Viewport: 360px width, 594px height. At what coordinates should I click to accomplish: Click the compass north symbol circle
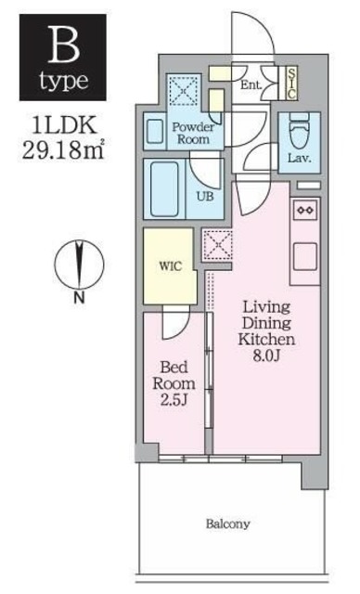[79, 262]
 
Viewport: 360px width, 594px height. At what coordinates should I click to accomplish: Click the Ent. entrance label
[251, 86]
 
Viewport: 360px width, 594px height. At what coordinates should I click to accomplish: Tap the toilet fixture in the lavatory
[300, 133]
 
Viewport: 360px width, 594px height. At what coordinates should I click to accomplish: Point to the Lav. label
[299, 158]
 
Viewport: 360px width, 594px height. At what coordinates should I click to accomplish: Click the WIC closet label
[169, 265]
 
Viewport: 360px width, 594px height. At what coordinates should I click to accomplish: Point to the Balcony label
[227, 524]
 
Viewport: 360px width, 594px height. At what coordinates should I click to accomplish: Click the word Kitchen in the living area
[268, 340]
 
